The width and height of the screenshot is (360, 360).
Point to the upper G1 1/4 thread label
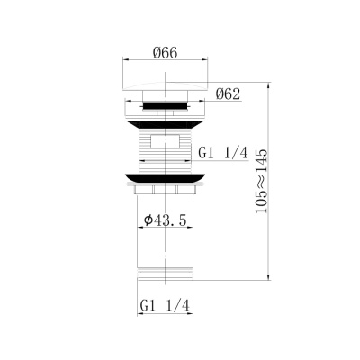(x=221, y=154)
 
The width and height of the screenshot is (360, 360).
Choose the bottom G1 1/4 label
(x=164, y=307)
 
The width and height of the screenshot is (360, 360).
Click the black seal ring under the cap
(x=163, y=106)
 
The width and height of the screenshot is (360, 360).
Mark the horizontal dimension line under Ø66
(x=163, y=63)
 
